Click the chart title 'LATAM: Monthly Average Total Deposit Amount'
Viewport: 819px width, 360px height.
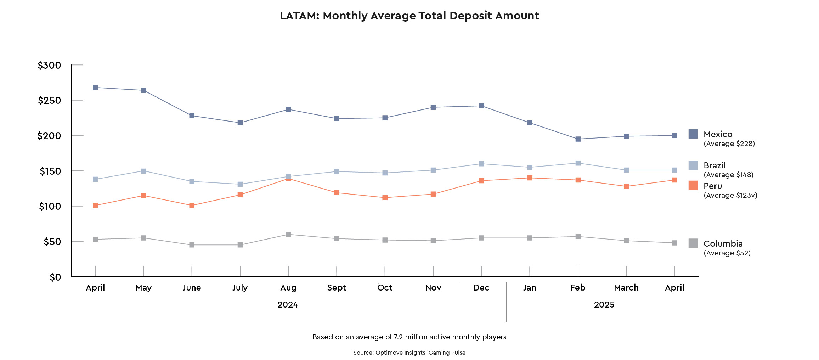(x=409, y=16)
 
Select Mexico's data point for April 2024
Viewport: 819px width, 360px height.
(x=95, y=88)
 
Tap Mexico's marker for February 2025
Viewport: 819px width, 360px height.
(x=578, y=139)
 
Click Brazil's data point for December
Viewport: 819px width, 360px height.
(x=481, y=164)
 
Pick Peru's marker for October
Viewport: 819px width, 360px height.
(x=385, y=198)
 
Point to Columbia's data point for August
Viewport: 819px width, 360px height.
(x=288, y=235)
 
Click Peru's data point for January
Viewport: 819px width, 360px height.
(x=530, y=178)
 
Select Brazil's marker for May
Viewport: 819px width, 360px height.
(x=143, y=171)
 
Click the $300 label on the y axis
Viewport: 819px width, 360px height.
(x=49, y=66)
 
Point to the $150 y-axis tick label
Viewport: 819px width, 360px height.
(x=50, y=171)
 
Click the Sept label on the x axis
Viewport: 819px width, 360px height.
(x=337, y=288)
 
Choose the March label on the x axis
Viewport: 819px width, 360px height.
(x=626, y=288)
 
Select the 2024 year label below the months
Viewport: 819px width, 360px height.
(x=288, y=305)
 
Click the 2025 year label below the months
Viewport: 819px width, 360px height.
(x=604, y=305)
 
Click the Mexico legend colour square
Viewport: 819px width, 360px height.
(x=693, y=134)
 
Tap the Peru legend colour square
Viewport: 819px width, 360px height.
(x=693, y=185)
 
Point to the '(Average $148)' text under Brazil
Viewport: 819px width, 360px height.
(x=728, y=175)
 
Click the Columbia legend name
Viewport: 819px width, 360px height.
(x=723, y=244)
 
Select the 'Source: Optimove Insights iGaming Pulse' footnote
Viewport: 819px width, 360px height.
(x=409, y=353)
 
